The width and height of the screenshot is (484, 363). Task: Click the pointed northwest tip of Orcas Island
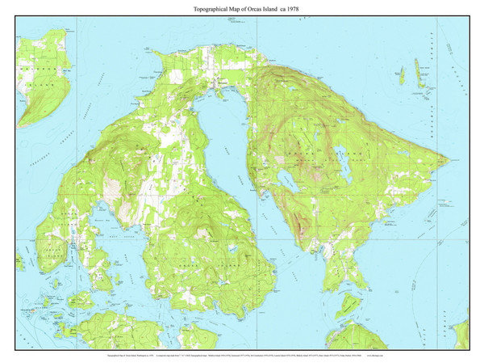pos(163,55)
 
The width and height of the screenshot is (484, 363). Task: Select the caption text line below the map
pos(242,354)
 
